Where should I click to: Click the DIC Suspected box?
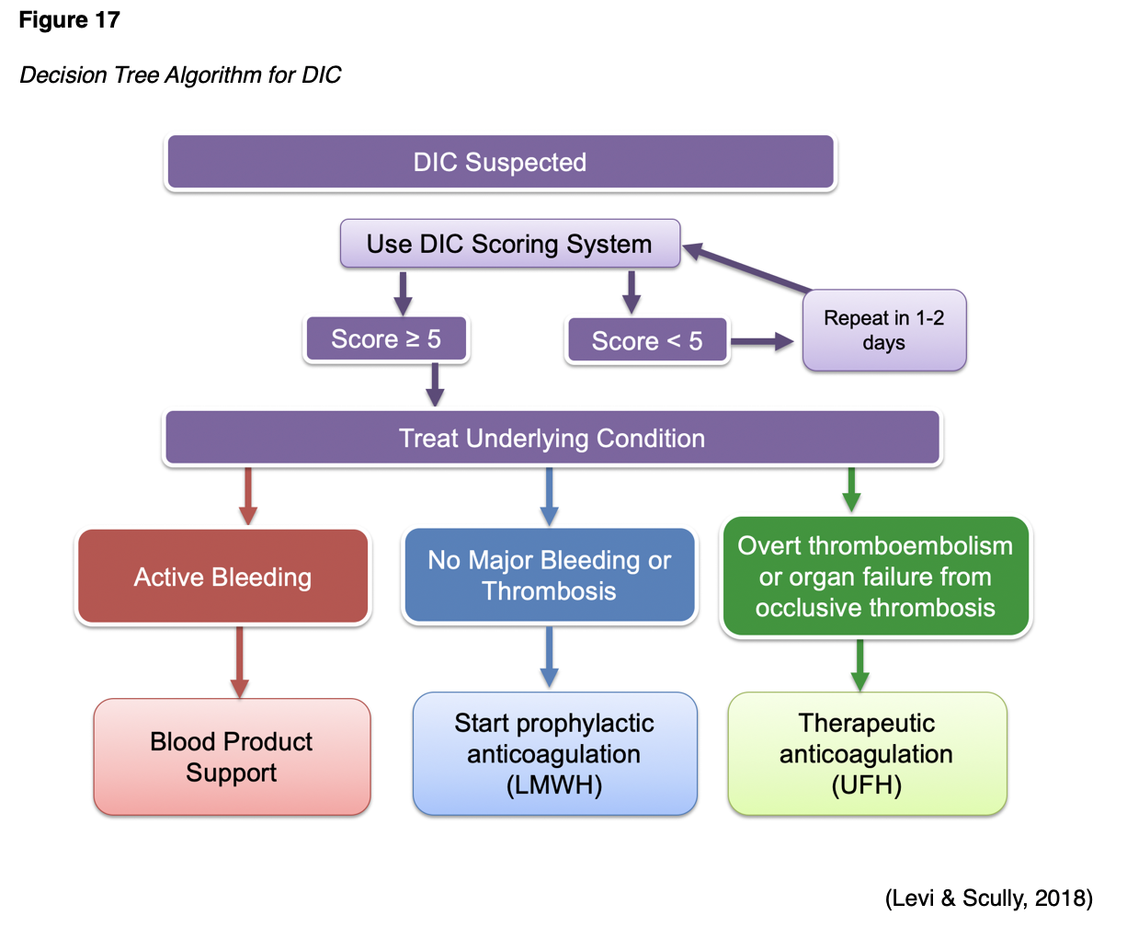coord(500,163)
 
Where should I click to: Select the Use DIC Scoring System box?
coord(509,244)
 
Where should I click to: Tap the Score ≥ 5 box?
coord(386,339)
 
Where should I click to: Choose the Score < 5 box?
coord(646,341)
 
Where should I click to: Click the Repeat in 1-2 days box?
coord(883,330)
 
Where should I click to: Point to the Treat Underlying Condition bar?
coord(552,438)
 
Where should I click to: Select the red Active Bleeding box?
coord(222,578)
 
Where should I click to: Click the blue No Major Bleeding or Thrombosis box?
coord(549,576)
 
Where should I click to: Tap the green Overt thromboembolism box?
coord(875,577)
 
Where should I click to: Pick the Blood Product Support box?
coord(232,757)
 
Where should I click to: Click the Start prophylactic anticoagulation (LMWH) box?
coord(554,754)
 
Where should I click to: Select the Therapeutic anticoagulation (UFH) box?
coord(866,754)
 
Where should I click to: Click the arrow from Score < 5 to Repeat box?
coord(761,342)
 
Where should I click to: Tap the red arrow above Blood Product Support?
coord(240,662)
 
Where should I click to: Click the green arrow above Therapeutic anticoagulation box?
coord(859,664)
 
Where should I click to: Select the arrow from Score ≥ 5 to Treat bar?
coord(435,384)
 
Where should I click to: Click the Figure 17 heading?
coord(69,20)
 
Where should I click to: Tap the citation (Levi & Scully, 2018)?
coord(988,898)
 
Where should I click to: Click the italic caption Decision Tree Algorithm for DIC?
coord(180,75)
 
